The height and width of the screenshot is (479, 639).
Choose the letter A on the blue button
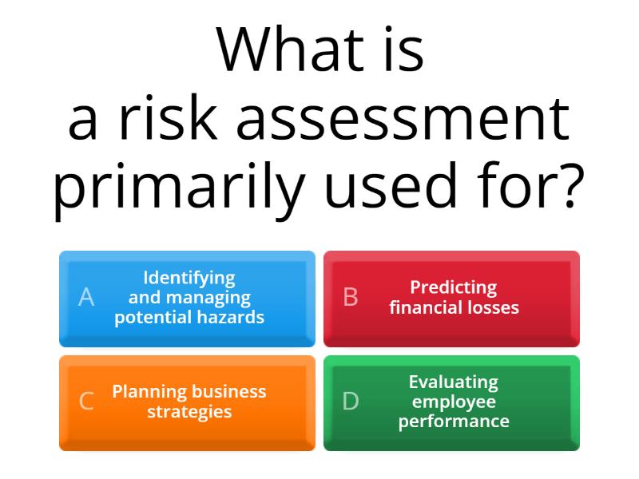[x=86, y=298]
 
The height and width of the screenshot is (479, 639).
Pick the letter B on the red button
[x=351, y=298]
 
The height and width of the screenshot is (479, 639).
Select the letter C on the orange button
[x=86, y=402]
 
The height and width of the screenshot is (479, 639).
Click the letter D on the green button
[x=351, y=402]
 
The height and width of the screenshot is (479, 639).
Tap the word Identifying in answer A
[x=189, y=278]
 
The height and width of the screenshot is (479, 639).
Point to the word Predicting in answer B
[x=454, y=287]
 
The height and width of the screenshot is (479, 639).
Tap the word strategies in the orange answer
[x=189, y=412]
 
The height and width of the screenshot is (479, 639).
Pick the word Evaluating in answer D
[x=454, y=382]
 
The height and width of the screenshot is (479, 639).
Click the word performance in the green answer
[x=454, y=421]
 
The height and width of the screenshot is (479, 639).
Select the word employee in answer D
[x=454, y=402]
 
